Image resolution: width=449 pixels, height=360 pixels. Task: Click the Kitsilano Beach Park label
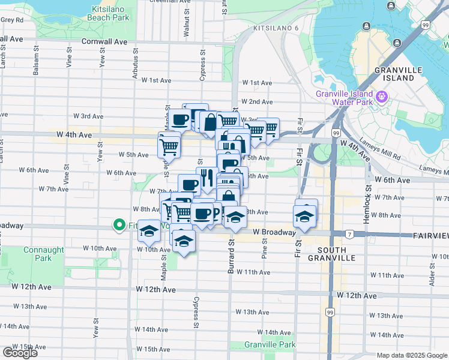pos(111,13)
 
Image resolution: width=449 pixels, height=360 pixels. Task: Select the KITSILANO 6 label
pos(276,29)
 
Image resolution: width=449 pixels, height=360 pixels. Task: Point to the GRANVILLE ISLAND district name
pos(394,74)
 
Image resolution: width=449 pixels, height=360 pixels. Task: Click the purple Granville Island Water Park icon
pos(381,95)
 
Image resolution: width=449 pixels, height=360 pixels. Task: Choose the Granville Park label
pos(270,345)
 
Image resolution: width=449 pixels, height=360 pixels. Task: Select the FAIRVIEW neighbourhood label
pos(431,236)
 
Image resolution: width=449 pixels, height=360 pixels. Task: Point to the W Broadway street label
pos(274,232)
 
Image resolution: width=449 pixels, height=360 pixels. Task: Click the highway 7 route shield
pos(348,233)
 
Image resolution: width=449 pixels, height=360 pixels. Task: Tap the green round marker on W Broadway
pos(118,226)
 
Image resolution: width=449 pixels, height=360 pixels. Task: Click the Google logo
pos(20,352)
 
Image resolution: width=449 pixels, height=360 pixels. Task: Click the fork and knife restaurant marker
pos(206,177)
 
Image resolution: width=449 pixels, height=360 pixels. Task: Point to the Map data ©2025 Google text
pos(412,355)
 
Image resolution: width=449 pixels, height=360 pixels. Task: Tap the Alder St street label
pos(432,274)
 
